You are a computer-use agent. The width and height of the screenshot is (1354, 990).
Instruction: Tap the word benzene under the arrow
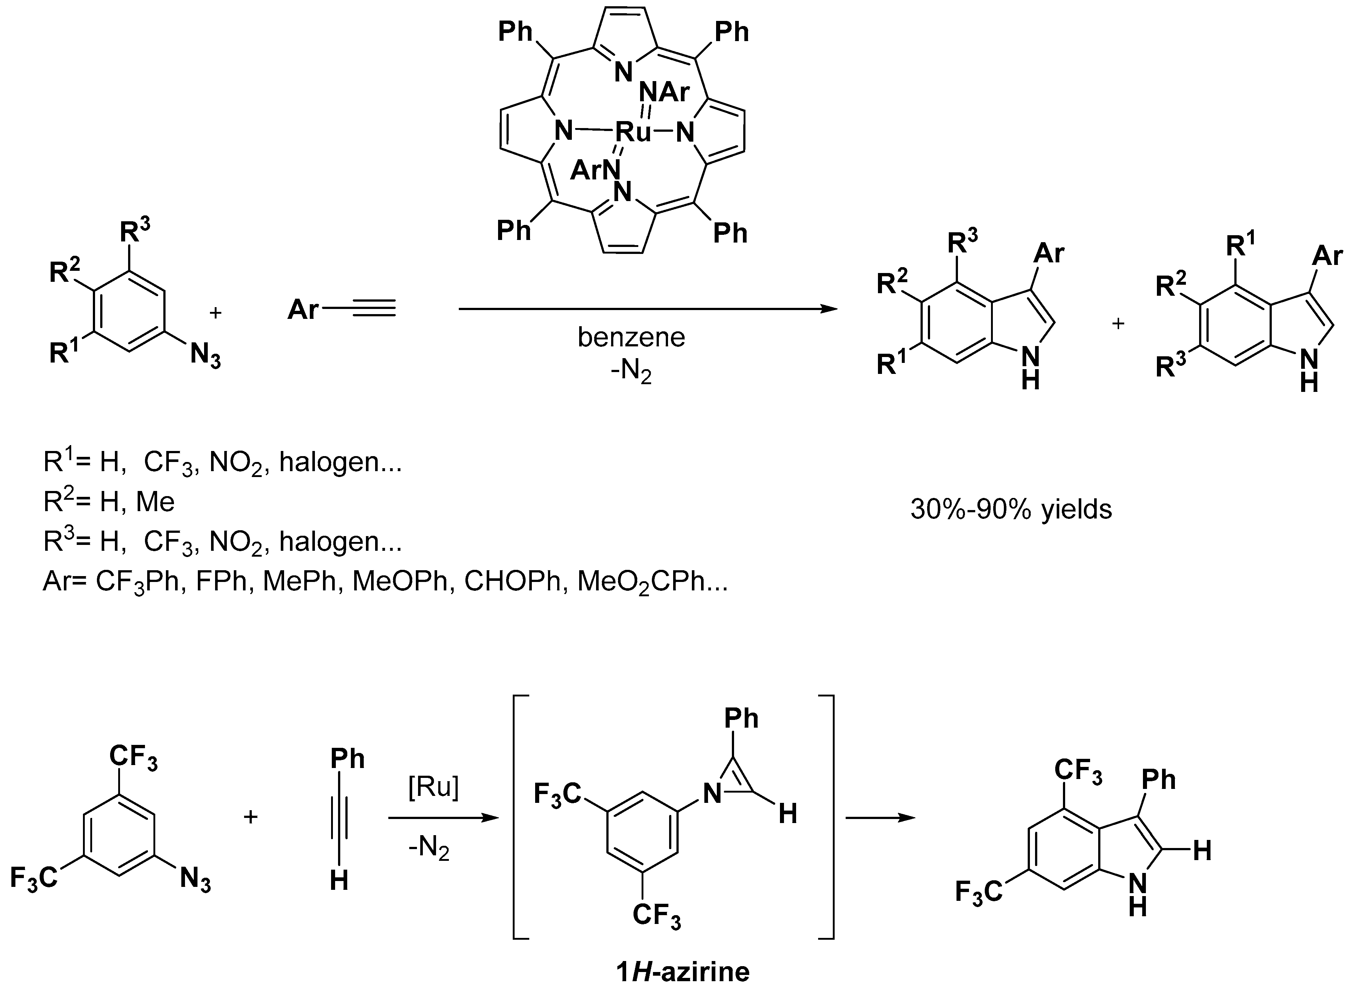tap(631, 337)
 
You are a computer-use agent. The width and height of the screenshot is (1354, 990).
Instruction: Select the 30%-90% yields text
tap(1010, 509)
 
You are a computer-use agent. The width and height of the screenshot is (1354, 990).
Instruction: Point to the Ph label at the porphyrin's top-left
tap(515, 31)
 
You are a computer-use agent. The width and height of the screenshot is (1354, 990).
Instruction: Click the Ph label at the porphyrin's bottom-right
tap(730, 233)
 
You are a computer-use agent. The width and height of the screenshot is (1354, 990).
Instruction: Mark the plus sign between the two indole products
tap(1118, 324)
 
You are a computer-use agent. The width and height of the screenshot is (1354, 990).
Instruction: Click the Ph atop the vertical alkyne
tap(347, 759)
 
